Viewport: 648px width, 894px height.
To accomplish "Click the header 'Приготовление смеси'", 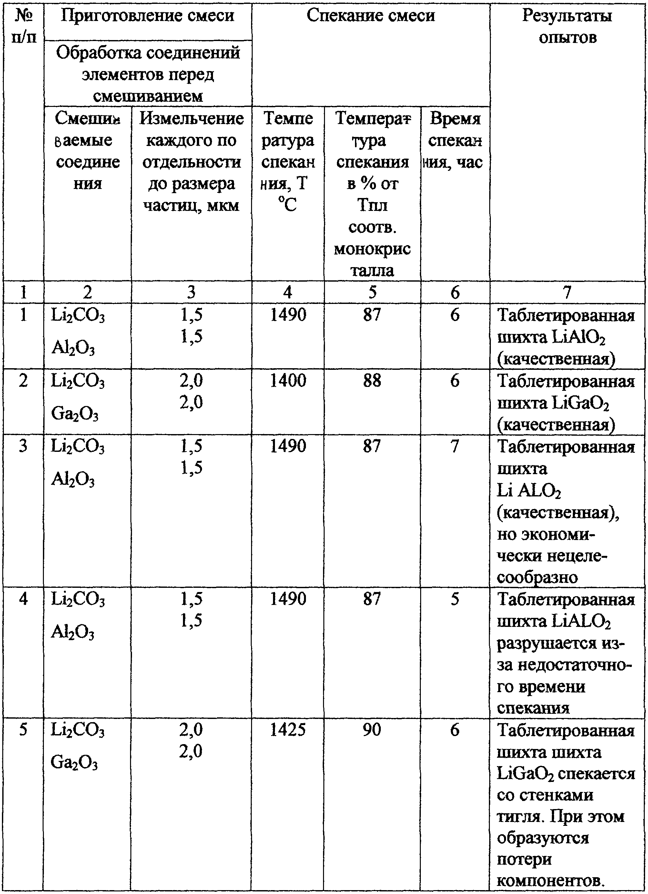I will tap(147, 16).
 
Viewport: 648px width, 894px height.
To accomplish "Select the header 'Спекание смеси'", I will tap(371, 16).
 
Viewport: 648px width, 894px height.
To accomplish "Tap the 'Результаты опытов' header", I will tap(567, 27).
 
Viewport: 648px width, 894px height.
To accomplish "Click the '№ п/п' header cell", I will tap(24, 27).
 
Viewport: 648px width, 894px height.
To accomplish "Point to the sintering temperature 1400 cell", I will tap(288, 381).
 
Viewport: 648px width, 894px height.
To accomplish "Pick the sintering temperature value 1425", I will tap(288, 730).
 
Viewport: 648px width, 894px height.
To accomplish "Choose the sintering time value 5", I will tap(455, 599).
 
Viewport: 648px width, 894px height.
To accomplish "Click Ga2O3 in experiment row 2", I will tap(75, 414).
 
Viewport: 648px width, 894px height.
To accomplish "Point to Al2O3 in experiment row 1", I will tap(73, 349).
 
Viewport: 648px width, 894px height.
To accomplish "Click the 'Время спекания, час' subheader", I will tap(455, 140).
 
